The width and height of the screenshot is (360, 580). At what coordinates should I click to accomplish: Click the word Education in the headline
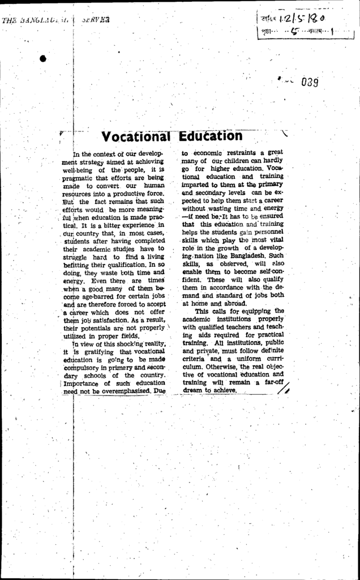pyautogui.click(x=211, y=137)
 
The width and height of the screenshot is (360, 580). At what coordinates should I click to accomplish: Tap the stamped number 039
pyautogui.click(x=310, y=83)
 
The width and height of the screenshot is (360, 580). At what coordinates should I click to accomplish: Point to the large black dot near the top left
pyautogui.click(x=43, y=58)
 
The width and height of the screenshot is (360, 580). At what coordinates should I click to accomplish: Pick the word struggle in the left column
pyautogui.click(x=79, y=257)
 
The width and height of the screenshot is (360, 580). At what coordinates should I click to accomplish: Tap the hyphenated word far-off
pyautogui.click(x=271, y=382)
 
